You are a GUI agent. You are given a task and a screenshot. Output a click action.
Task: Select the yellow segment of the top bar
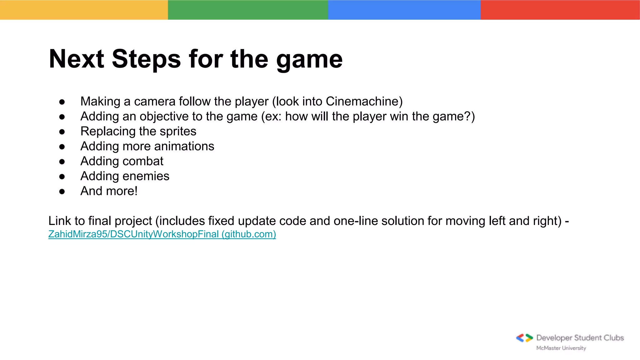[x=84, y=10]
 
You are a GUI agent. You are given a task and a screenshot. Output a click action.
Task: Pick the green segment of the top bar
[x=248, y=10]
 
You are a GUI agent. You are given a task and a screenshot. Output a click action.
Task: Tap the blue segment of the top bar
[x=404, y=10]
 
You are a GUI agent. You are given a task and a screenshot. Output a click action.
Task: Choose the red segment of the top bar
[x=560, y=10]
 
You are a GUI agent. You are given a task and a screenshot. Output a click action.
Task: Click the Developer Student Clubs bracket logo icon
[x=524, y=338]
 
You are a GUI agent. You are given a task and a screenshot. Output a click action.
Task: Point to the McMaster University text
[x=561, y=348]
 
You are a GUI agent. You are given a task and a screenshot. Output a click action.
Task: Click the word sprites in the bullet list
[x=178, y=131]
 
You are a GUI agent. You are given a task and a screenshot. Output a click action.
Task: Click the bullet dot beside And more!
[x=62, y=192]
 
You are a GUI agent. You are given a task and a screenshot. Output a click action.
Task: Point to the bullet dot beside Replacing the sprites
[x=62, y=132]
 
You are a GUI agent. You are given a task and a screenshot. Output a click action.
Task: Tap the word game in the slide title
[x=309, y=59]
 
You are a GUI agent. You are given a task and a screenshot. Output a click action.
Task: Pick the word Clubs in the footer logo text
[x=614, y=338]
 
